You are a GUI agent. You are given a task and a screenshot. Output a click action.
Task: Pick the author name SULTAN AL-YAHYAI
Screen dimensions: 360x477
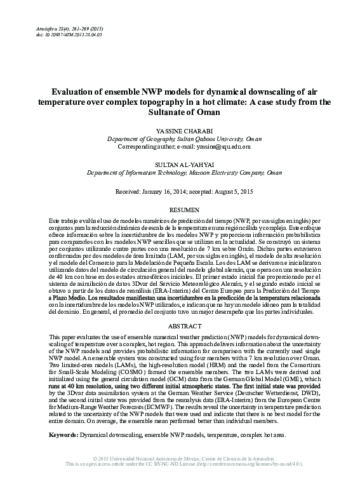pyautogui.click(x=180, y=163)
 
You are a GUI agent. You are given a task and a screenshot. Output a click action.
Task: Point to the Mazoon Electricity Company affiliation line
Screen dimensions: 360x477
pyautogui.click(x=180, y=171)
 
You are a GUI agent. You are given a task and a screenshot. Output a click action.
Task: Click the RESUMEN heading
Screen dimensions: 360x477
pyautogui.click(x=180, y=209)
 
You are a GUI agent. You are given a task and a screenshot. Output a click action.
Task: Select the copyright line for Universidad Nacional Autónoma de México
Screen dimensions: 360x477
pyautogui.click(x=180, y=458)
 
